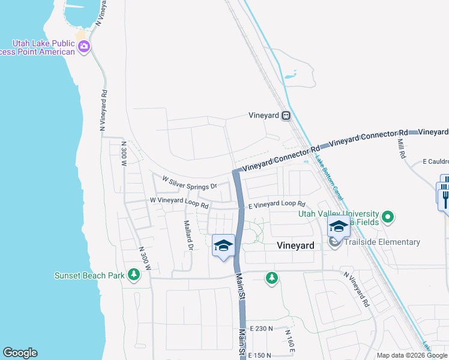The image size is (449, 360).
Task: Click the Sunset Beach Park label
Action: tap(89, 276)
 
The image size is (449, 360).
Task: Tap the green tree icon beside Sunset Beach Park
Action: tap(134, 275)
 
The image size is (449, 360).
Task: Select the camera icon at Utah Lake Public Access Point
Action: tap(84, 46)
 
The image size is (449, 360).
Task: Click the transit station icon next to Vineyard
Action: tap(286, 115)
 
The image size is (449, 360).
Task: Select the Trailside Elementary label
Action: tap(382, 242)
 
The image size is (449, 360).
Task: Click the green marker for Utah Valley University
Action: tap(388, 216)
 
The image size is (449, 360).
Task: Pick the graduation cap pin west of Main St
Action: tap(223, 245)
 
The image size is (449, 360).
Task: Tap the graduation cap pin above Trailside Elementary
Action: tap(338, 227)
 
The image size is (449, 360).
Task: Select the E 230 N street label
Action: tap(261, 329)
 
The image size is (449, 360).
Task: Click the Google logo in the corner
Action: tap(20, 353)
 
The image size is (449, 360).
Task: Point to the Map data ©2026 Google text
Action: tap(411, 356)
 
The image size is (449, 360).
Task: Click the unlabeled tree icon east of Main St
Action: tap(272, 277)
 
